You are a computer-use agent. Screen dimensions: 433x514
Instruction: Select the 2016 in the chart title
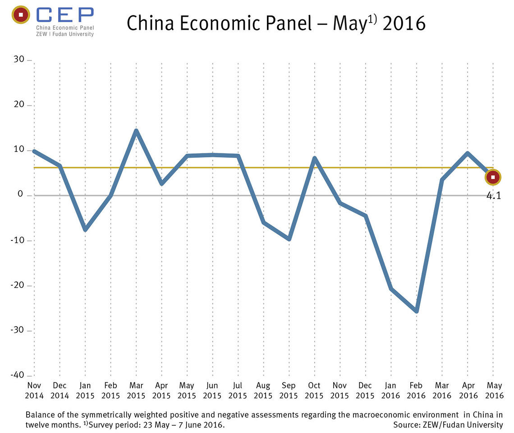pyautogui.click(x=404, y=23)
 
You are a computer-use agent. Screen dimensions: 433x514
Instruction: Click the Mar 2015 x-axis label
pyautogui.click(x=136, y=391)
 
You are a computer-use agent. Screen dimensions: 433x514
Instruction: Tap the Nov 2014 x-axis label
pyautogui.click(x=34, y=391)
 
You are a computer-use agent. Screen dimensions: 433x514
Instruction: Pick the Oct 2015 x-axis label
pyautogui.click(x=314, y=391)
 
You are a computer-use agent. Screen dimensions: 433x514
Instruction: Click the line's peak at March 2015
pyautogui.click(x=136, y=131)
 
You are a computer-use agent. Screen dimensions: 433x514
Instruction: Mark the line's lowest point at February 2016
pyautogui.click(x=417, y=311)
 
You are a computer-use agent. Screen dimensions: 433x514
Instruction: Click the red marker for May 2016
pyautogui.click(x=493, y=177)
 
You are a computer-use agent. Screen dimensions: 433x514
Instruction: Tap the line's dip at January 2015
pyautogui.click(x=85, y=230)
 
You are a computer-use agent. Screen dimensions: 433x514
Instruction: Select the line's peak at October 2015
pyautogui.click(x=314, y=158)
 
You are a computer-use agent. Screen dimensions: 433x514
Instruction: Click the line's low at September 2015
pyautogui.click(x=289, y=239)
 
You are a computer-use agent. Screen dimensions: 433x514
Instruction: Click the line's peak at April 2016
pyautogui.click(x=468, y=153)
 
